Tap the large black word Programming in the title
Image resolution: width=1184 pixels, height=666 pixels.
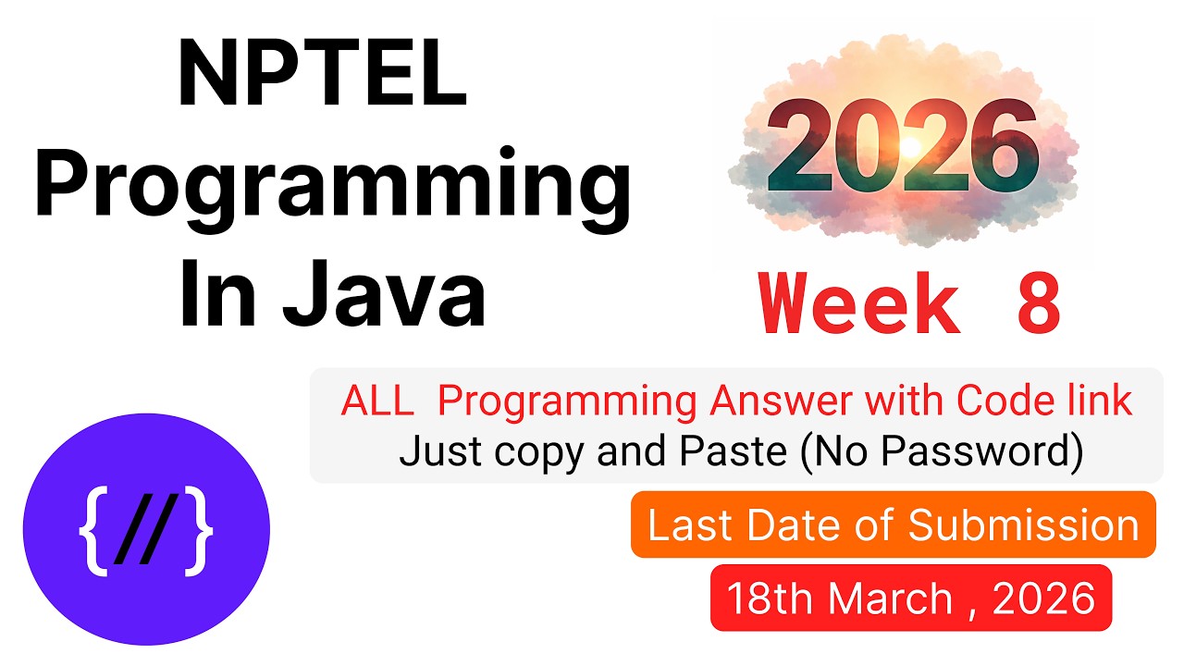click(332, 191)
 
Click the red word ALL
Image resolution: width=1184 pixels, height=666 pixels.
click(377, 401)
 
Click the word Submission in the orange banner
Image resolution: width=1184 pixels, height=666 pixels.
click(1023, 525)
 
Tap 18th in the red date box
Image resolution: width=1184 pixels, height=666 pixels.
click(766, 598)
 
